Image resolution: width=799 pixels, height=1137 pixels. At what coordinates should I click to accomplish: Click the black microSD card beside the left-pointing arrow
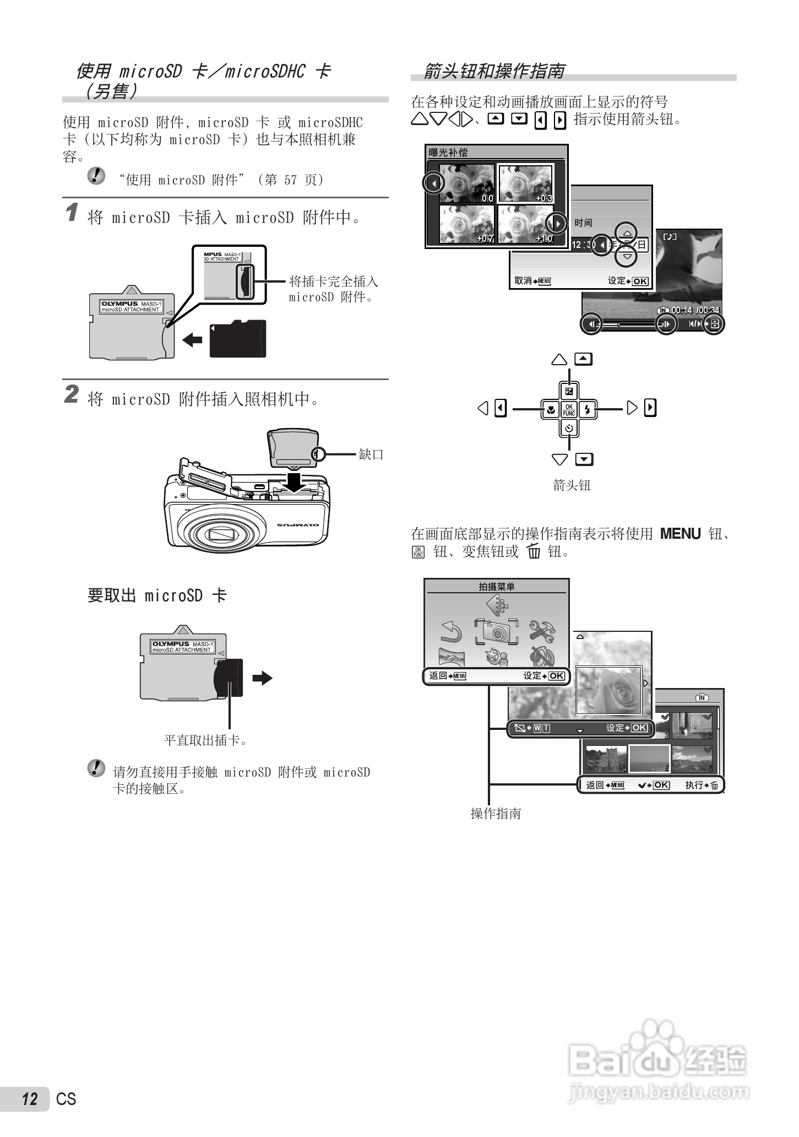tap(237, 338)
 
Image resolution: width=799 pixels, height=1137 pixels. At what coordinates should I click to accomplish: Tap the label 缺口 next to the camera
tap(371, 454)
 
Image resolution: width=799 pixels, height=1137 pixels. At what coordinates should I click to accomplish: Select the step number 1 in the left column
tap(72, 213)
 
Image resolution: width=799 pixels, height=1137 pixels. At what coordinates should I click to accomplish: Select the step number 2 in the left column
tap(72, 394)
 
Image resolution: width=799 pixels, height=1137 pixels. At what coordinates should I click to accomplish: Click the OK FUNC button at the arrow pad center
tap(569, 409)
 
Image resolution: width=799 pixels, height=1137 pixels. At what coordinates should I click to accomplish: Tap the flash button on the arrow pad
tap(588, 409)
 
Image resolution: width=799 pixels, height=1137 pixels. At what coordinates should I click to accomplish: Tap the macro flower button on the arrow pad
tap(550, 409)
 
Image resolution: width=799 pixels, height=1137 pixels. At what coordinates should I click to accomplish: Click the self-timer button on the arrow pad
tap(569, 428)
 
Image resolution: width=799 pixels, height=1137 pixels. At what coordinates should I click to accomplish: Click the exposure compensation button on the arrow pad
tap(569, 391)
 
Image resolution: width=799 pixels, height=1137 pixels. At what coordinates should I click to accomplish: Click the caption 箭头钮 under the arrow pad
tap(572, 485)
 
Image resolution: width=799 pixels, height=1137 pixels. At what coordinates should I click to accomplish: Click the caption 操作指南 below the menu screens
tap(496, 814)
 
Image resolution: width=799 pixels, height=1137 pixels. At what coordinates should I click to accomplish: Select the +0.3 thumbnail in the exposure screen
tap(525, 183)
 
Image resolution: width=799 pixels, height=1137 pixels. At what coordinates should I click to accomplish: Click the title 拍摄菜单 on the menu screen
tap(496, 587)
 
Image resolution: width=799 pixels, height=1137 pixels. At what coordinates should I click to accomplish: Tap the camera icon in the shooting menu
tap(496, 631)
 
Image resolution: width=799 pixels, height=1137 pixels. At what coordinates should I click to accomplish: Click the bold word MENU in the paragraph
tap(680, 534)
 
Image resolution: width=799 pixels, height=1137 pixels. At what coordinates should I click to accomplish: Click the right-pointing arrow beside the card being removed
tap(263, 678)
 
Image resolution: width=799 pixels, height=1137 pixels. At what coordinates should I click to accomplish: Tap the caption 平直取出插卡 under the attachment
tap(206, 740)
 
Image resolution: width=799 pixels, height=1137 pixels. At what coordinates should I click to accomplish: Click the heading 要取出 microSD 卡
tap(157, 595)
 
